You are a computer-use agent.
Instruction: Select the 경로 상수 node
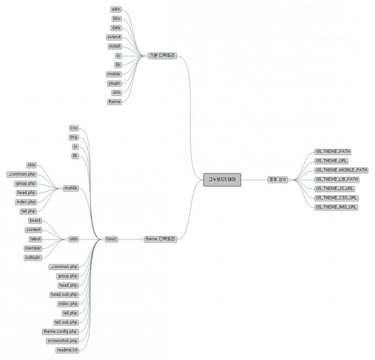point(277,179)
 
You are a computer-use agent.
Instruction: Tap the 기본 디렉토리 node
point(162,55)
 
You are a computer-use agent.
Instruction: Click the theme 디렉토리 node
point(160,239)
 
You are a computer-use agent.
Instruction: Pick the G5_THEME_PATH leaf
point(333,151)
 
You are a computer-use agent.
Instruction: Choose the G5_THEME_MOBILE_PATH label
point(341,170)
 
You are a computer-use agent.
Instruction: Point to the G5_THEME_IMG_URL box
point(336,207)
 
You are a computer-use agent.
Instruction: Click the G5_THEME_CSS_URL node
point(336,198)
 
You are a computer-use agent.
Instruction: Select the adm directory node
point(115,9)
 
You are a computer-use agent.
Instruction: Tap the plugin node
point(114,83)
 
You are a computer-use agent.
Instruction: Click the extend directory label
point(113,37)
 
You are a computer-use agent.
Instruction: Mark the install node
point(114,46)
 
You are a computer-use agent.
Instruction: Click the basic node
point(111,239)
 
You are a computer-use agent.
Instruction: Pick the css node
point(74,128)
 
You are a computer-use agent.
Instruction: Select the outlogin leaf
point(32,257)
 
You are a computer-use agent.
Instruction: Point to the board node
point(34,220)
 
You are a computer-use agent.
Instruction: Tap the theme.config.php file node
point(60,331)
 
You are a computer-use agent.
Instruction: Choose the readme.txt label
point(67,350)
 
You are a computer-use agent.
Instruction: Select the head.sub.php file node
point(64,294)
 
